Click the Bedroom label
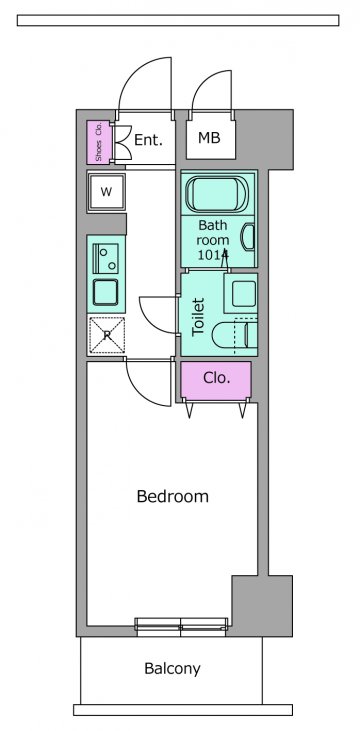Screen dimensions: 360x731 (x=173, y=496)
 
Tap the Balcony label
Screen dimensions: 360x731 (x=172, y=669)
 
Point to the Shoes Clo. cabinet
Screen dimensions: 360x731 (x=99, y=142)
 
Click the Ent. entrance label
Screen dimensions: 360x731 (x=148, y=139)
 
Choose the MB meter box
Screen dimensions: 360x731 (x=209, y=138)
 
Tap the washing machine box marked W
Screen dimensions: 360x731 (x=106, y=192)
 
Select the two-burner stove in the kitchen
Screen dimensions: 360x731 (x=105, y=258)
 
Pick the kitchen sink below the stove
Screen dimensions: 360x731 (x=105, y=292)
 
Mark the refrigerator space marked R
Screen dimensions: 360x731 (x=107, y=335)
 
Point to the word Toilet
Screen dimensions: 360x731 (x=198, y=317)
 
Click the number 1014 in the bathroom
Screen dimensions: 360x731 (x=213, y=255)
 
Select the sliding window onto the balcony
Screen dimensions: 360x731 (x=181, y=627)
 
